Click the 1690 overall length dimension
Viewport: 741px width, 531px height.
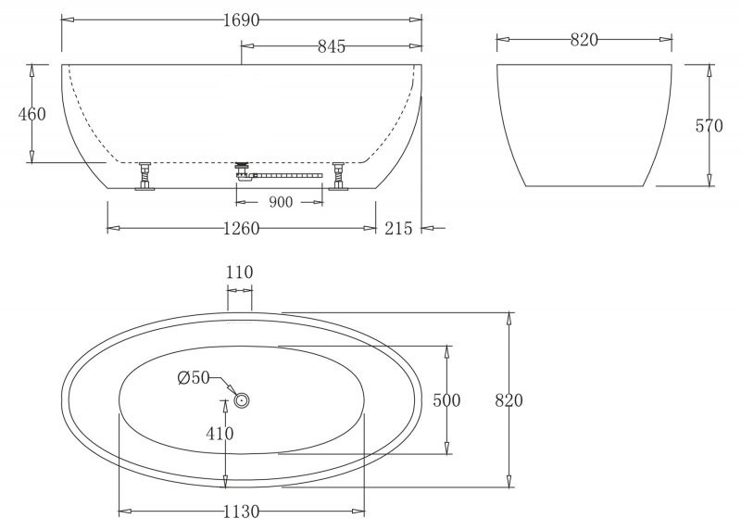click(x=241, y=19)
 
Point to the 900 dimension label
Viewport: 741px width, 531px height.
click(x=282, y=202)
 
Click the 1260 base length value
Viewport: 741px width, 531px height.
click(x=241, y=228)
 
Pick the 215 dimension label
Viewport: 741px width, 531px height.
click(x=399, y=228)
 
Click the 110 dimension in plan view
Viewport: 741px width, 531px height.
click(x=239, y=272)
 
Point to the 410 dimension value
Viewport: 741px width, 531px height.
click(x=220, y=433)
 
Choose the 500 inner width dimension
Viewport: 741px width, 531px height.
click(x=447, y=400)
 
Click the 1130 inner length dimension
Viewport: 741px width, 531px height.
click(x=241, y=512)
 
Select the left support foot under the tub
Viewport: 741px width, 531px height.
click(x=144, y=176)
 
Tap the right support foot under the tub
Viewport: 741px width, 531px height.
click(x=339, y=176)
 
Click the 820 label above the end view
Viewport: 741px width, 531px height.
click(x=584, y=39)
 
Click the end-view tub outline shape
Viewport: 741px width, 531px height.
click(x=584, y=125)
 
